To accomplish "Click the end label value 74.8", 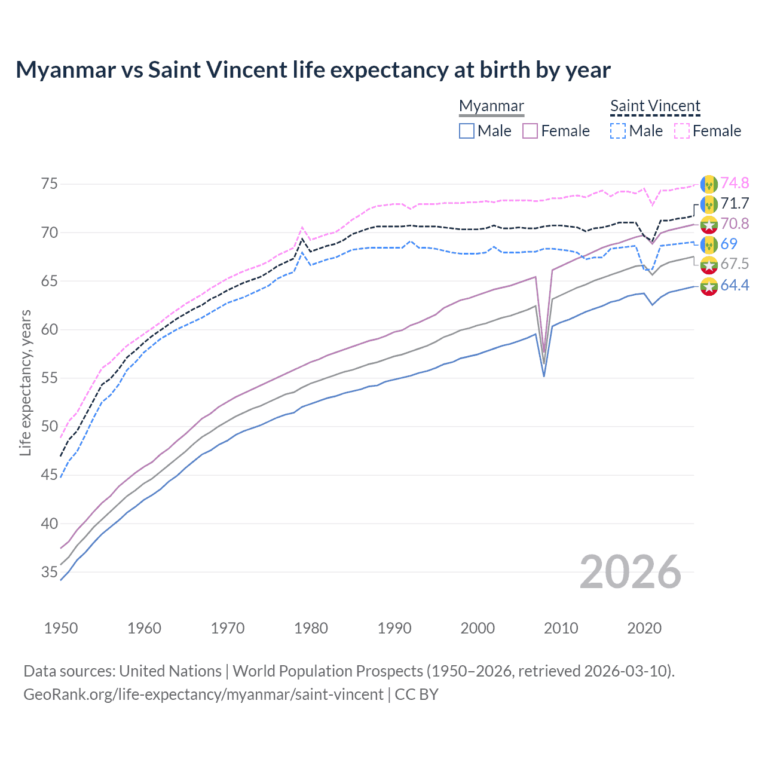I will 735,183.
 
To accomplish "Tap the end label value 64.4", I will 735,285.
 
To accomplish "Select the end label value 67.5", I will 735,264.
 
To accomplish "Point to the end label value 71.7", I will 735,203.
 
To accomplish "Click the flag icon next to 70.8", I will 709,224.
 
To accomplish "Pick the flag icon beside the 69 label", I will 709,244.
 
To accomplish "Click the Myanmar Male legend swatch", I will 467,131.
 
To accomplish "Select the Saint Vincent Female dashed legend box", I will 682,131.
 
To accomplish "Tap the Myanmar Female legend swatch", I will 531,131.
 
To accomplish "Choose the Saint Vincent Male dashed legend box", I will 618,131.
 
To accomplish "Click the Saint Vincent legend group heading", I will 655,106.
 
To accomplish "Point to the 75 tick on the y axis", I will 50,183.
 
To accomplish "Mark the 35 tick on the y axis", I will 50,572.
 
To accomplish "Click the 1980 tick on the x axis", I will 311,628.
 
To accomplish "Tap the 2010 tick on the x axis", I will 561,628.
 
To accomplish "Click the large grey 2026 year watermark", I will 631,572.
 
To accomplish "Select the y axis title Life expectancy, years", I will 26,382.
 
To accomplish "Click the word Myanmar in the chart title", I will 66,70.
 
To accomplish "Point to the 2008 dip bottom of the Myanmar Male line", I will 544,376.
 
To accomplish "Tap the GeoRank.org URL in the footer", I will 203,694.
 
